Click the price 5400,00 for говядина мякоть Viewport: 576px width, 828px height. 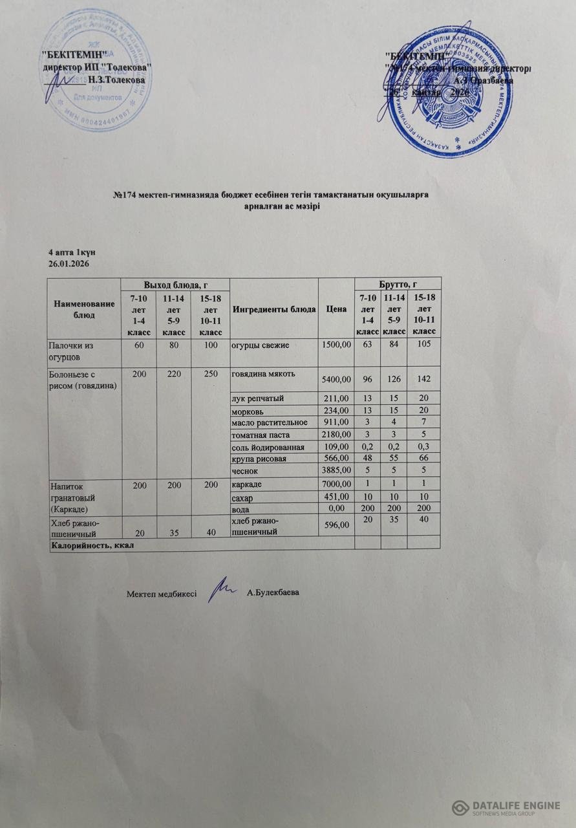[x=336, y=379]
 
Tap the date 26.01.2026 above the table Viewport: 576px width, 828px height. [x=69, y=264]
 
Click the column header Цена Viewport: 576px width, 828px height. [x=336, y=309]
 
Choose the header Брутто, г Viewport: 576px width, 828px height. [x=398, y=283]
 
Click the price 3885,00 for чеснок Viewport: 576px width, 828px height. [x=336, y=470]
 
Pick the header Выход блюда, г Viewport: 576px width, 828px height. [x=175, y=283]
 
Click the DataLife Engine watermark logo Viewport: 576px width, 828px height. [x=506, y=807]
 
